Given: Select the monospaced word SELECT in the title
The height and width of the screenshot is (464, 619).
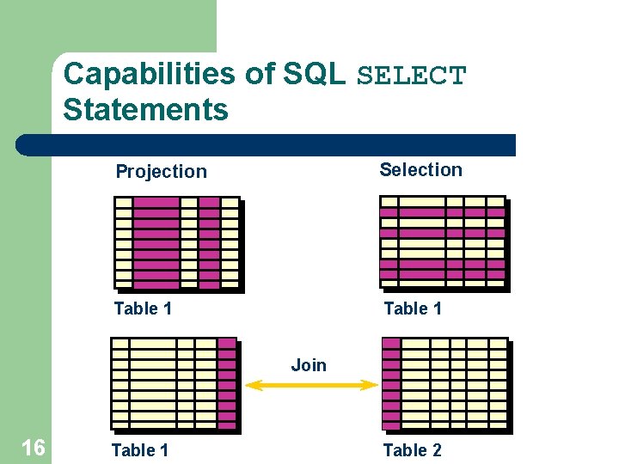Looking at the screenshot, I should click(411, 76).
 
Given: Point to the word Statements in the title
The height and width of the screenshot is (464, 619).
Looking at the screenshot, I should click(145, 110).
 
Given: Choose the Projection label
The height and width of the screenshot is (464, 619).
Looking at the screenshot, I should click(162, 171).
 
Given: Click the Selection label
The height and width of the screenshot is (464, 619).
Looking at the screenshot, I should click(420, 169).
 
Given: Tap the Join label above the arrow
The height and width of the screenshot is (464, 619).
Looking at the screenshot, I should click(309, 364).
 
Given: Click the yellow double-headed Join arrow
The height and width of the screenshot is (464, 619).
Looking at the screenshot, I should click(311, 386).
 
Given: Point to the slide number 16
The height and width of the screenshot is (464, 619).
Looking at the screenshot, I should click(33, 448).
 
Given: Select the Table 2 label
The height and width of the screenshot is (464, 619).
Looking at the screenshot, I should click(412, 450).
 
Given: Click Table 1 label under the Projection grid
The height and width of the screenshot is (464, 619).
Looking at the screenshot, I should click(143, 308).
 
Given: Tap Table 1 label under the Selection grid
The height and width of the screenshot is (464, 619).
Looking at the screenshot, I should click(413, 308).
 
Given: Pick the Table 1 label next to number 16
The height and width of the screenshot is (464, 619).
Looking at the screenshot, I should click(140, 450).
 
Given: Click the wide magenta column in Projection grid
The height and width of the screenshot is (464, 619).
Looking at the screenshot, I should click(156, 243).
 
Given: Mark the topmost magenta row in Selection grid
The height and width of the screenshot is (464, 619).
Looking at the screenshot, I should click(443, 211).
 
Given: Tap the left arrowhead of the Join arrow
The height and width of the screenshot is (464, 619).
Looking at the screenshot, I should click(253, 386).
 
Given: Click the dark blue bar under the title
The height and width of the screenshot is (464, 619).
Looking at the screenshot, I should click(267, 145).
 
